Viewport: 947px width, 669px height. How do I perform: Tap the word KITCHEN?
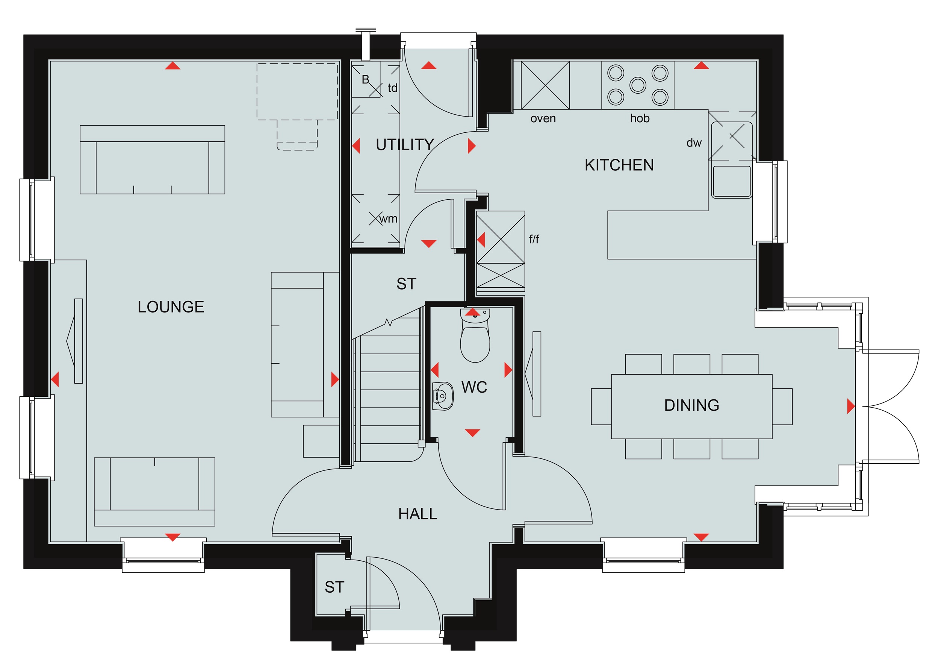point(619,165)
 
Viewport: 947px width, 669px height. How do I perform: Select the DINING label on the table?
point(692,405)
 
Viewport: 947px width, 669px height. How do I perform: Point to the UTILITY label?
point(405,145)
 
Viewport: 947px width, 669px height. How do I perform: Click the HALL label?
point(418,514)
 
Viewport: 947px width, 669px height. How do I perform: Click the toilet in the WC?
point(475,335)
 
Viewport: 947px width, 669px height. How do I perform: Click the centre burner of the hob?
point(638,85)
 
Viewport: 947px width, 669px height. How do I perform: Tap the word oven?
point(543,119)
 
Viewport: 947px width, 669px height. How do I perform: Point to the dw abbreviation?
point(694,143)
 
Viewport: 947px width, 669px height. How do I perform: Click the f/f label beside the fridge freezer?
point(534,239)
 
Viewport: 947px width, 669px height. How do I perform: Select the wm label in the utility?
point(388,219)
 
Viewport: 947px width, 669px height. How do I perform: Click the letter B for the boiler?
point(365,80)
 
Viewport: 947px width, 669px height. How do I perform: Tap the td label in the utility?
point(392,88)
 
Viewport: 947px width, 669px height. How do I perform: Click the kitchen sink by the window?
point(732,181)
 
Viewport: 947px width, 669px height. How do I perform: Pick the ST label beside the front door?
point(334,587)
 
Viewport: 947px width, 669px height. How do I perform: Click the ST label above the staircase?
point(406,284)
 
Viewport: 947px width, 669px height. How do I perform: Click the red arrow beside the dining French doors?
point(851,406)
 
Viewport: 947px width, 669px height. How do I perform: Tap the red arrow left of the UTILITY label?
point(356,146)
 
